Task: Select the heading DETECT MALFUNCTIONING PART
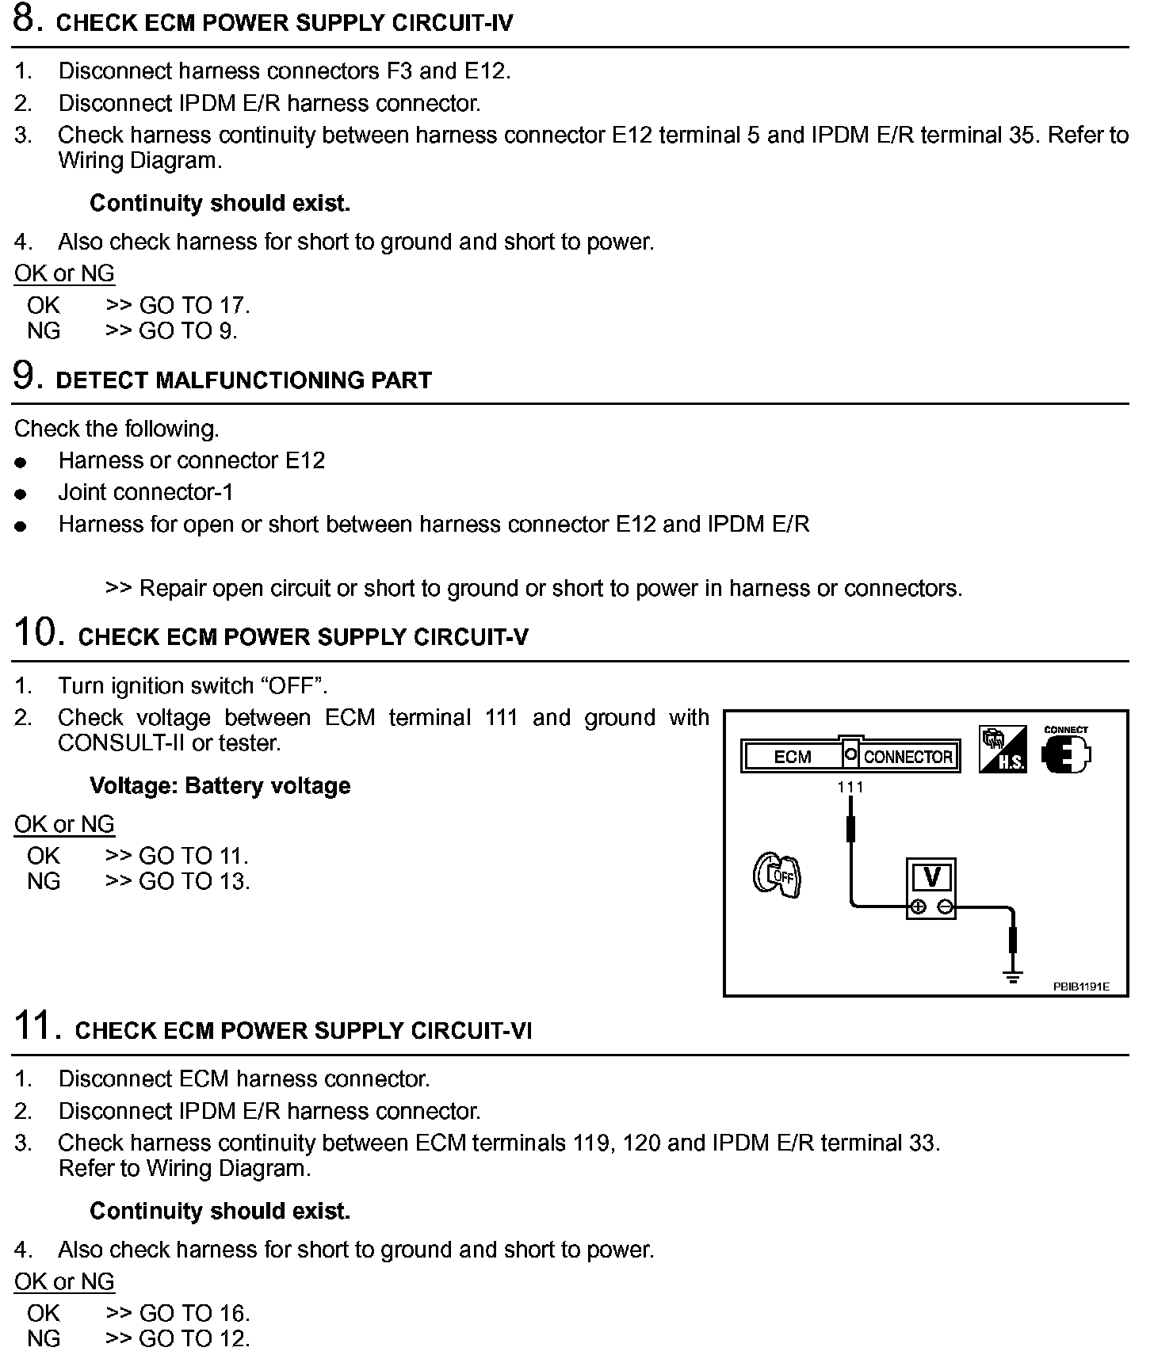tap(243, 381)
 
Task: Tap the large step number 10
tap(39, 633)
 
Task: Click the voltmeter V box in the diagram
tap(931, 878)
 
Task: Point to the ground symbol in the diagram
tap(1012, 976)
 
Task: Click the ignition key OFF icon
tap(777, 875)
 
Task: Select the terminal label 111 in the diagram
tap(850, 787)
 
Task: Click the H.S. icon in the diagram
tap(1003, 750)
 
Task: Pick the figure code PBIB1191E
tap(1081, 987)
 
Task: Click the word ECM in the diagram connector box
tap(792, 758)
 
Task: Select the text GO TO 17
tap(194, 306)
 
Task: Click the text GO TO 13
tap(194, 882)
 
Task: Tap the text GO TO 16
tap(194, 1314)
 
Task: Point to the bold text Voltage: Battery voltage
tap(220, 786)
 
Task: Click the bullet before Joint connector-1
tap(21, 494)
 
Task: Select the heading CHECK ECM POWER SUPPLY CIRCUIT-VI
tap(303, 1031)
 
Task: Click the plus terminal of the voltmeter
tap(918, 908)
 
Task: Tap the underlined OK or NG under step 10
tap(64, 825)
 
